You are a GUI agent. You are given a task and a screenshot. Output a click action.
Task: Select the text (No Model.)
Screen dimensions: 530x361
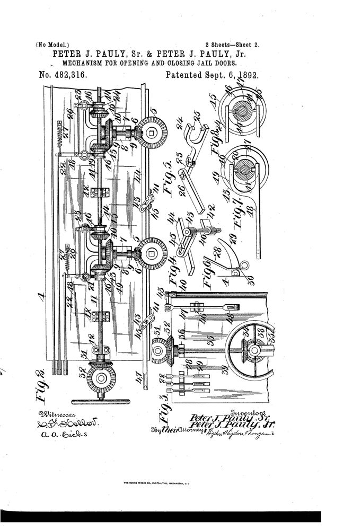click(52, 45)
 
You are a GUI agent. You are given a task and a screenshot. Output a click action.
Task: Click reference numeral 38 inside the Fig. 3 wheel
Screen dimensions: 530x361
click(261, 334)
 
